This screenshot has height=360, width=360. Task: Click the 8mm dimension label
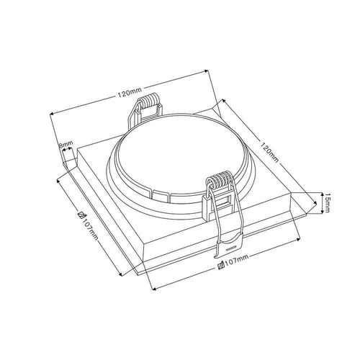tap(66, 144)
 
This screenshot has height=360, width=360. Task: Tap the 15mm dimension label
tap(327, 203)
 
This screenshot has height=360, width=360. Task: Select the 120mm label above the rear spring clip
tap(130, 92)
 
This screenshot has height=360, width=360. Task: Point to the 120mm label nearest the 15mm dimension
tap(270, 152)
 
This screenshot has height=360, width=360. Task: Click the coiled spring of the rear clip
tap(149, 99)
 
